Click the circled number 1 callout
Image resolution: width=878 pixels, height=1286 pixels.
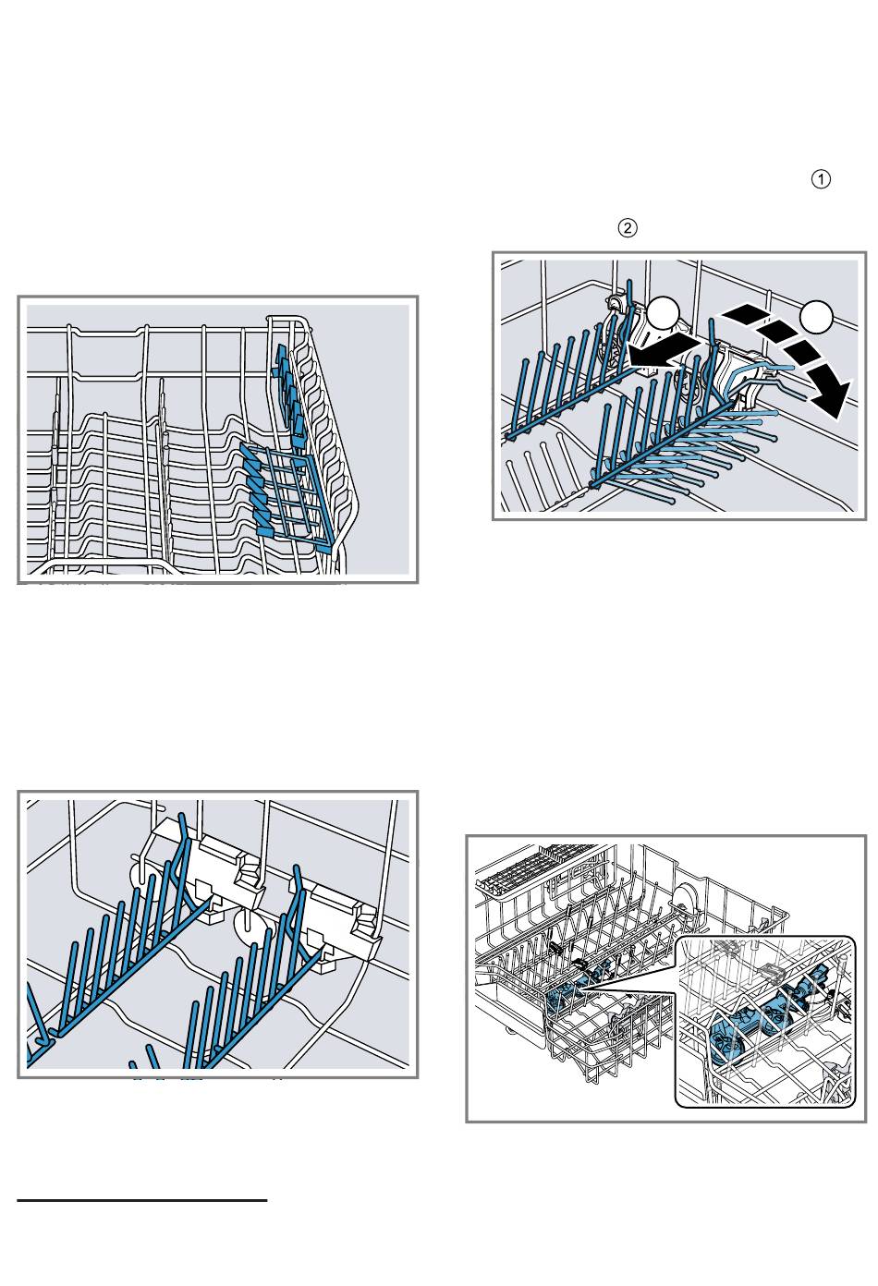(821, 179)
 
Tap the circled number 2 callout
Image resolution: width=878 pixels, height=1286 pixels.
(627, 228)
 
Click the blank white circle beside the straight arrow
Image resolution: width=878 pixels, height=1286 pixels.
(664, 313)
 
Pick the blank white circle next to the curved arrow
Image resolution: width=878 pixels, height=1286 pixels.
(816, 316)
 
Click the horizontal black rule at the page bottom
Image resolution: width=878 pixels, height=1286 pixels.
(141, 1200)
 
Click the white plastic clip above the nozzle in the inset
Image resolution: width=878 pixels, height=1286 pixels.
(773, 971)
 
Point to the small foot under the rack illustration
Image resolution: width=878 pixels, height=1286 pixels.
(508, 1031)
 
